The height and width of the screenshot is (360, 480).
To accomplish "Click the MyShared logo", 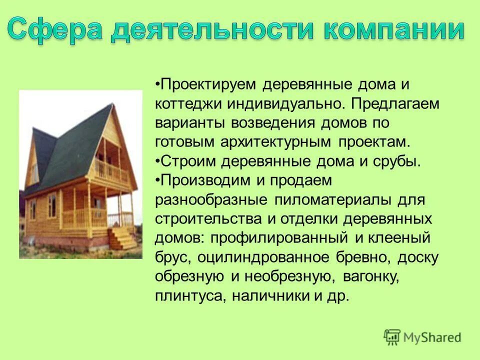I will coord(422,336).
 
